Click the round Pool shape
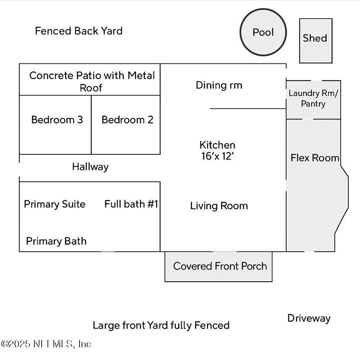click(263, 32)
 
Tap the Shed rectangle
click(316, 40)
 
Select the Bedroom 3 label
click(57, 120)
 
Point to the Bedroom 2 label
click(127, 120)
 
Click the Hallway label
click(90, 167)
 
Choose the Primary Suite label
click(54, 204)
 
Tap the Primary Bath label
click(56, 241)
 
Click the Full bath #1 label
click(131, 204)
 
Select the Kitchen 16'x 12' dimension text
click(217, 156)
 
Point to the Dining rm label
click(219, 85)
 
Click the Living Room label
click(219, 206)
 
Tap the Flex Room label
click(315, 158)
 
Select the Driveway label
click(309, 319)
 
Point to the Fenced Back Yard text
click(79, 31)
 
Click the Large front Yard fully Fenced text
click(161, 325)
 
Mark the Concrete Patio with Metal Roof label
click(92, 81)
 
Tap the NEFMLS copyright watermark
click(46, 344)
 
